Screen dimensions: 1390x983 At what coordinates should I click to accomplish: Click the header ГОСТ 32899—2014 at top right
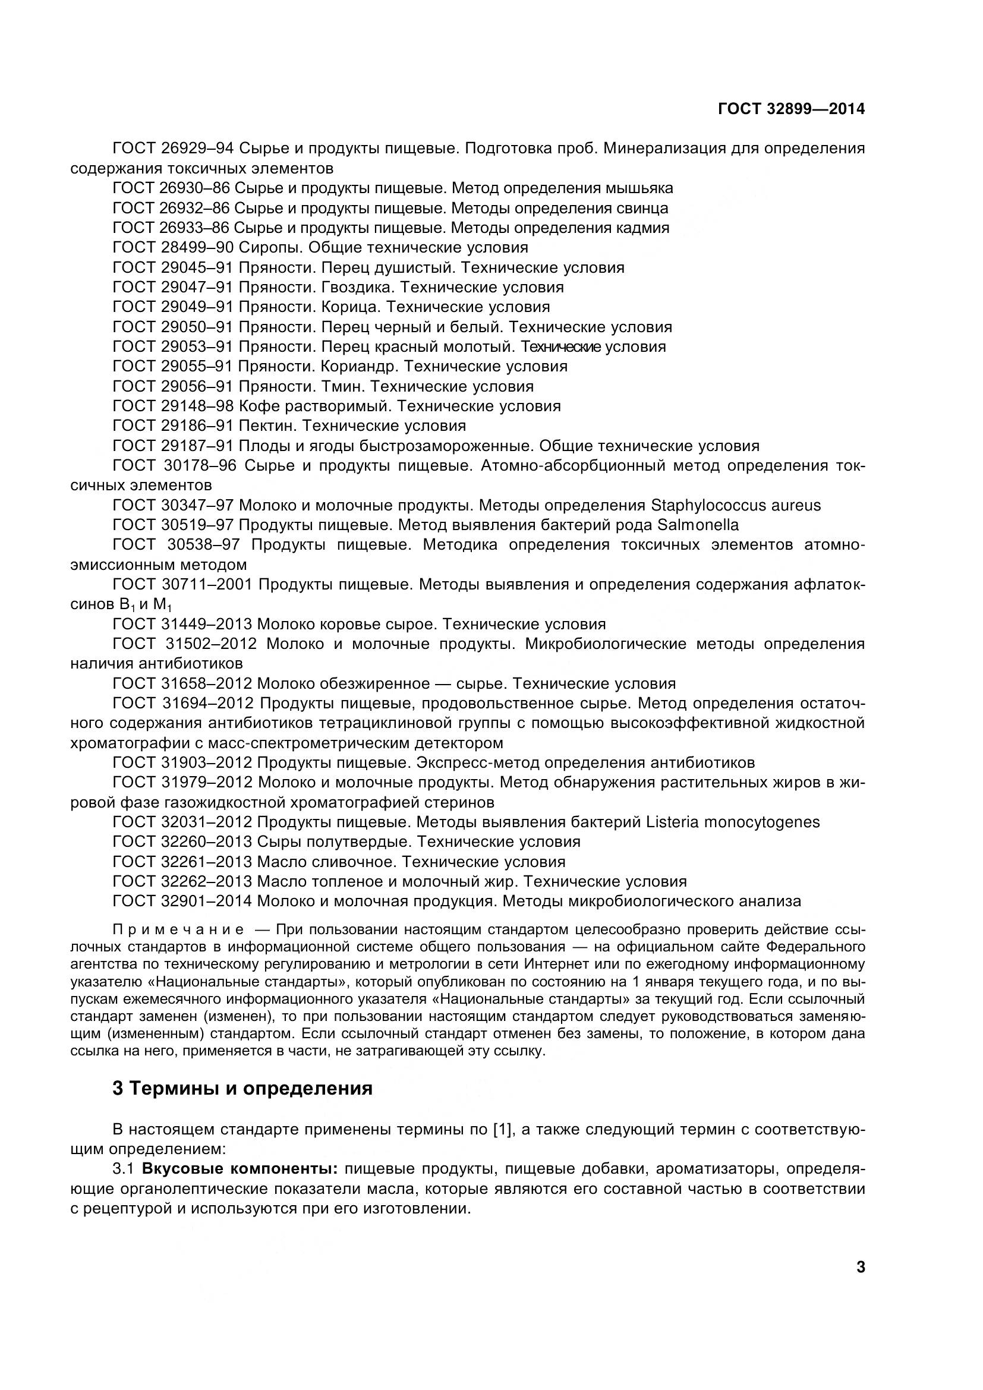click(791, 109)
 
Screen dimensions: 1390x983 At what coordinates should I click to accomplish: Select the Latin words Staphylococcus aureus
click(735, 505)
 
